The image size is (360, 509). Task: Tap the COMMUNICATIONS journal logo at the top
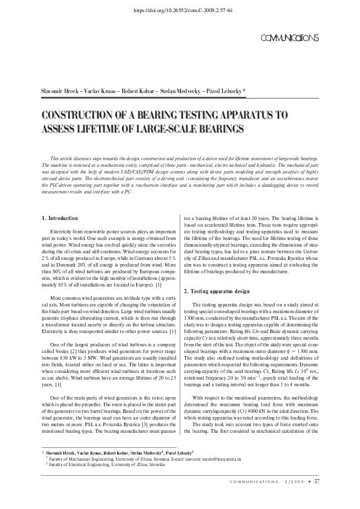pos(289,39)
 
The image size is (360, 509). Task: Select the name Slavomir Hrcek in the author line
pos(57,90)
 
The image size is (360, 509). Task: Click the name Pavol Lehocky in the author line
pos(224,90)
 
